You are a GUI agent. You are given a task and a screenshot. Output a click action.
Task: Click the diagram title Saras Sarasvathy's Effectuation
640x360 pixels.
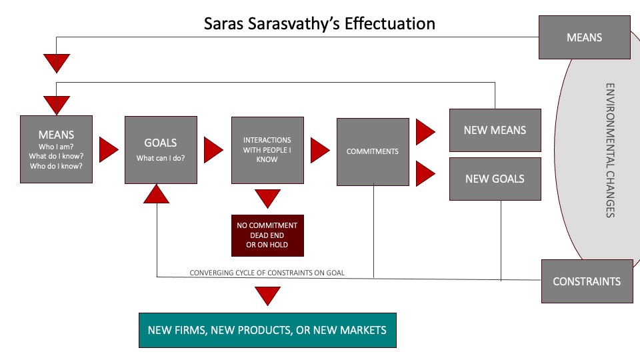[319, 24]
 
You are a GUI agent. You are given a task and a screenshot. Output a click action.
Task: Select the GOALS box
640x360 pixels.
[161, 150]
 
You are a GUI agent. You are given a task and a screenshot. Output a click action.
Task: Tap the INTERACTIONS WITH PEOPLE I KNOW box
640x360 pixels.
[267, 150]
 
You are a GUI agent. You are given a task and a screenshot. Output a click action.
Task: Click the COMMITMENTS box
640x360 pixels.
[373, 152]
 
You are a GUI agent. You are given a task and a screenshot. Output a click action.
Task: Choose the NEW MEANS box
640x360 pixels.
[495, 130]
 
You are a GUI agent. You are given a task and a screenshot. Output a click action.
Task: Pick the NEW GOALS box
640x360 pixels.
[495, 179]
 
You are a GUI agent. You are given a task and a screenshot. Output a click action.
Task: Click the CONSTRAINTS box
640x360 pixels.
[587, 281]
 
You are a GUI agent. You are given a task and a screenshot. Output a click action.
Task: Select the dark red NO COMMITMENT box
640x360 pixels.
[267, 235]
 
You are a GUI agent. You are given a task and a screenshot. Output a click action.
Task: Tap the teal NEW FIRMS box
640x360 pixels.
[267, 330]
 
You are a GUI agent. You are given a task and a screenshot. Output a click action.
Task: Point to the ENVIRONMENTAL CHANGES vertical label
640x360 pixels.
[610, 151]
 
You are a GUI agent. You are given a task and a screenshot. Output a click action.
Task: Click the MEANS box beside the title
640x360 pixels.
[585, 37]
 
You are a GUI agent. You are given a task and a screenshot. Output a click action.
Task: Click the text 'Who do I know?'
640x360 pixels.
[56, 166]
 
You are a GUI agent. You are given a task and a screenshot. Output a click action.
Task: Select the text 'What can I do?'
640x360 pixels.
[161, 158]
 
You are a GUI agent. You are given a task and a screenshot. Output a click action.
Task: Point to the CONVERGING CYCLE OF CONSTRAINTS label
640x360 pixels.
[267, 273]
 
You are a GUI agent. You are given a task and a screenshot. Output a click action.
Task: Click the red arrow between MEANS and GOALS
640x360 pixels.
[109, 149]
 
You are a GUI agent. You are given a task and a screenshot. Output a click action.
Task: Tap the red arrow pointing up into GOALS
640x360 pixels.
[156, 194]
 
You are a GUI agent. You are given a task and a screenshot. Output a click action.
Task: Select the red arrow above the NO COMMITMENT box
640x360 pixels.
[267, 199]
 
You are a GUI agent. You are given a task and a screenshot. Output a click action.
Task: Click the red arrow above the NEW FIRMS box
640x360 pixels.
[267, 296]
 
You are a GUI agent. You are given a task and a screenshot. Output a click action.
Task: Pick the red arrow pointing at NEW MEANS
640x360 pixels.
[425, 132]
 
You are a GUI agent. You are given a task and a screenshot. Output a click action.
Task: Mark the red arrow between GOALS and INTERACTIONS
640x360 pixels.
[213, 150]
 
